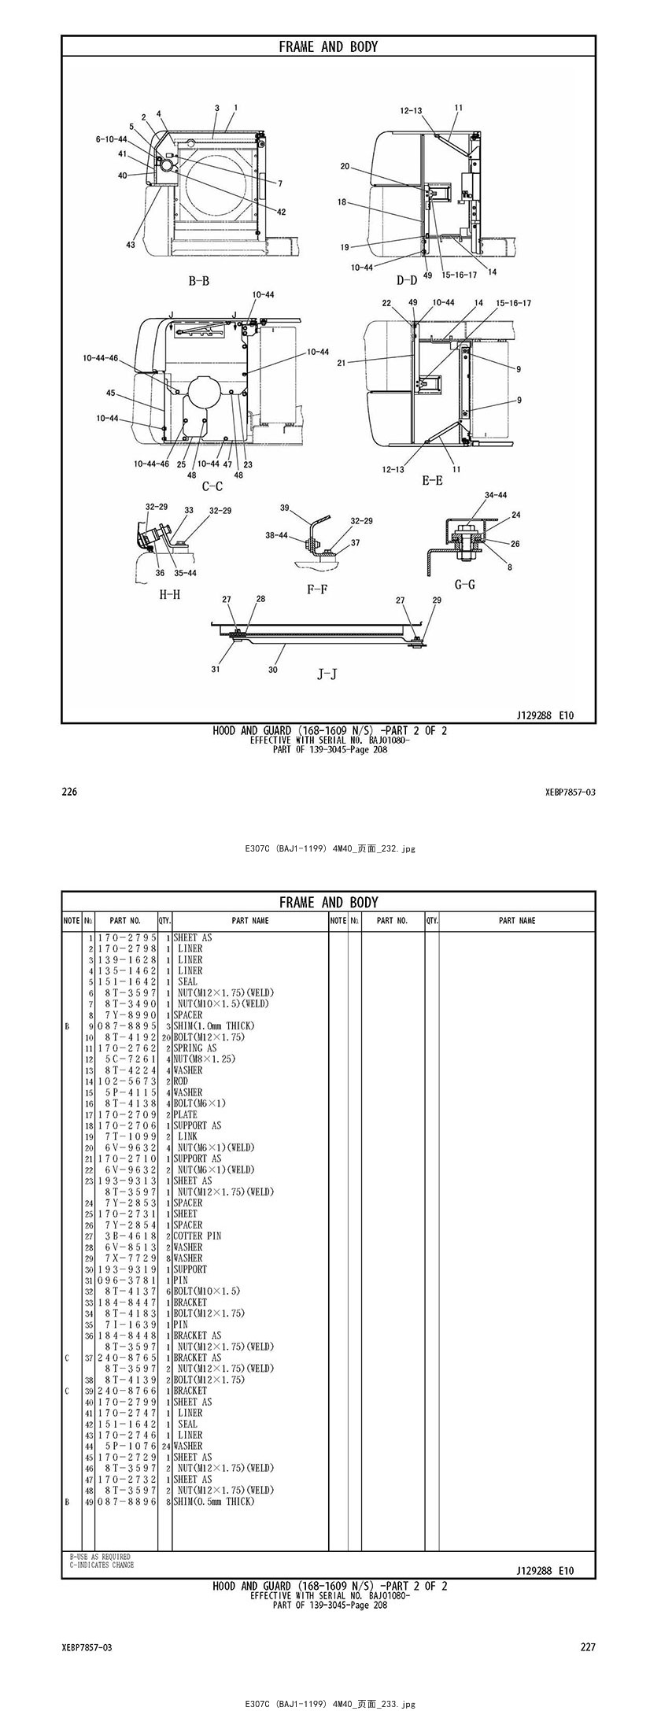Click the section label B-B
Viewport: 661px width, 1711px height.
[198, 280]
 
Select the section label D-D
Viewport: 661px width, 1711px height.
[406, 280]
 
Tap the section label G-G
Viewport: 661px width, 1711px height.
[465, 585]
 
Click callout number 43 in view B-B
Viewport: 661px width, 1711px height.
[131, 245]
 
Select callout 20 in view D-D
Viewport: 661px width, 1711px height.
[345, 166]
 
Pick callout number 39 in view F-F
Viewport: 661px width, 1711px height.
[285, 508]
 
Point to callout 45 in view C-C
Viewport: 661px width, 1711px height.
[111, 393]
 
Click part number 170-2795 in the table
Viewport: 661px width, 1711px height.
[127, 937]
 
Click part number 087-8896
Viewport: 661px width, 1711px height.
[127, 1501]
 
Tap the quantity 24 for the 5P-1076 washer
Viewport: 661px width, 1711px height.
[166, 1446]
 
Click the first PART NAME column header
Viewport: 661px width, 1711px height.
[250, 920]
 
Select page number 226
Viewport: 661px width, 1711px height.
[69, 792]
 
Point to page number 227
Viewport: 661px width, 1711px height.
[588, 1647]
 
